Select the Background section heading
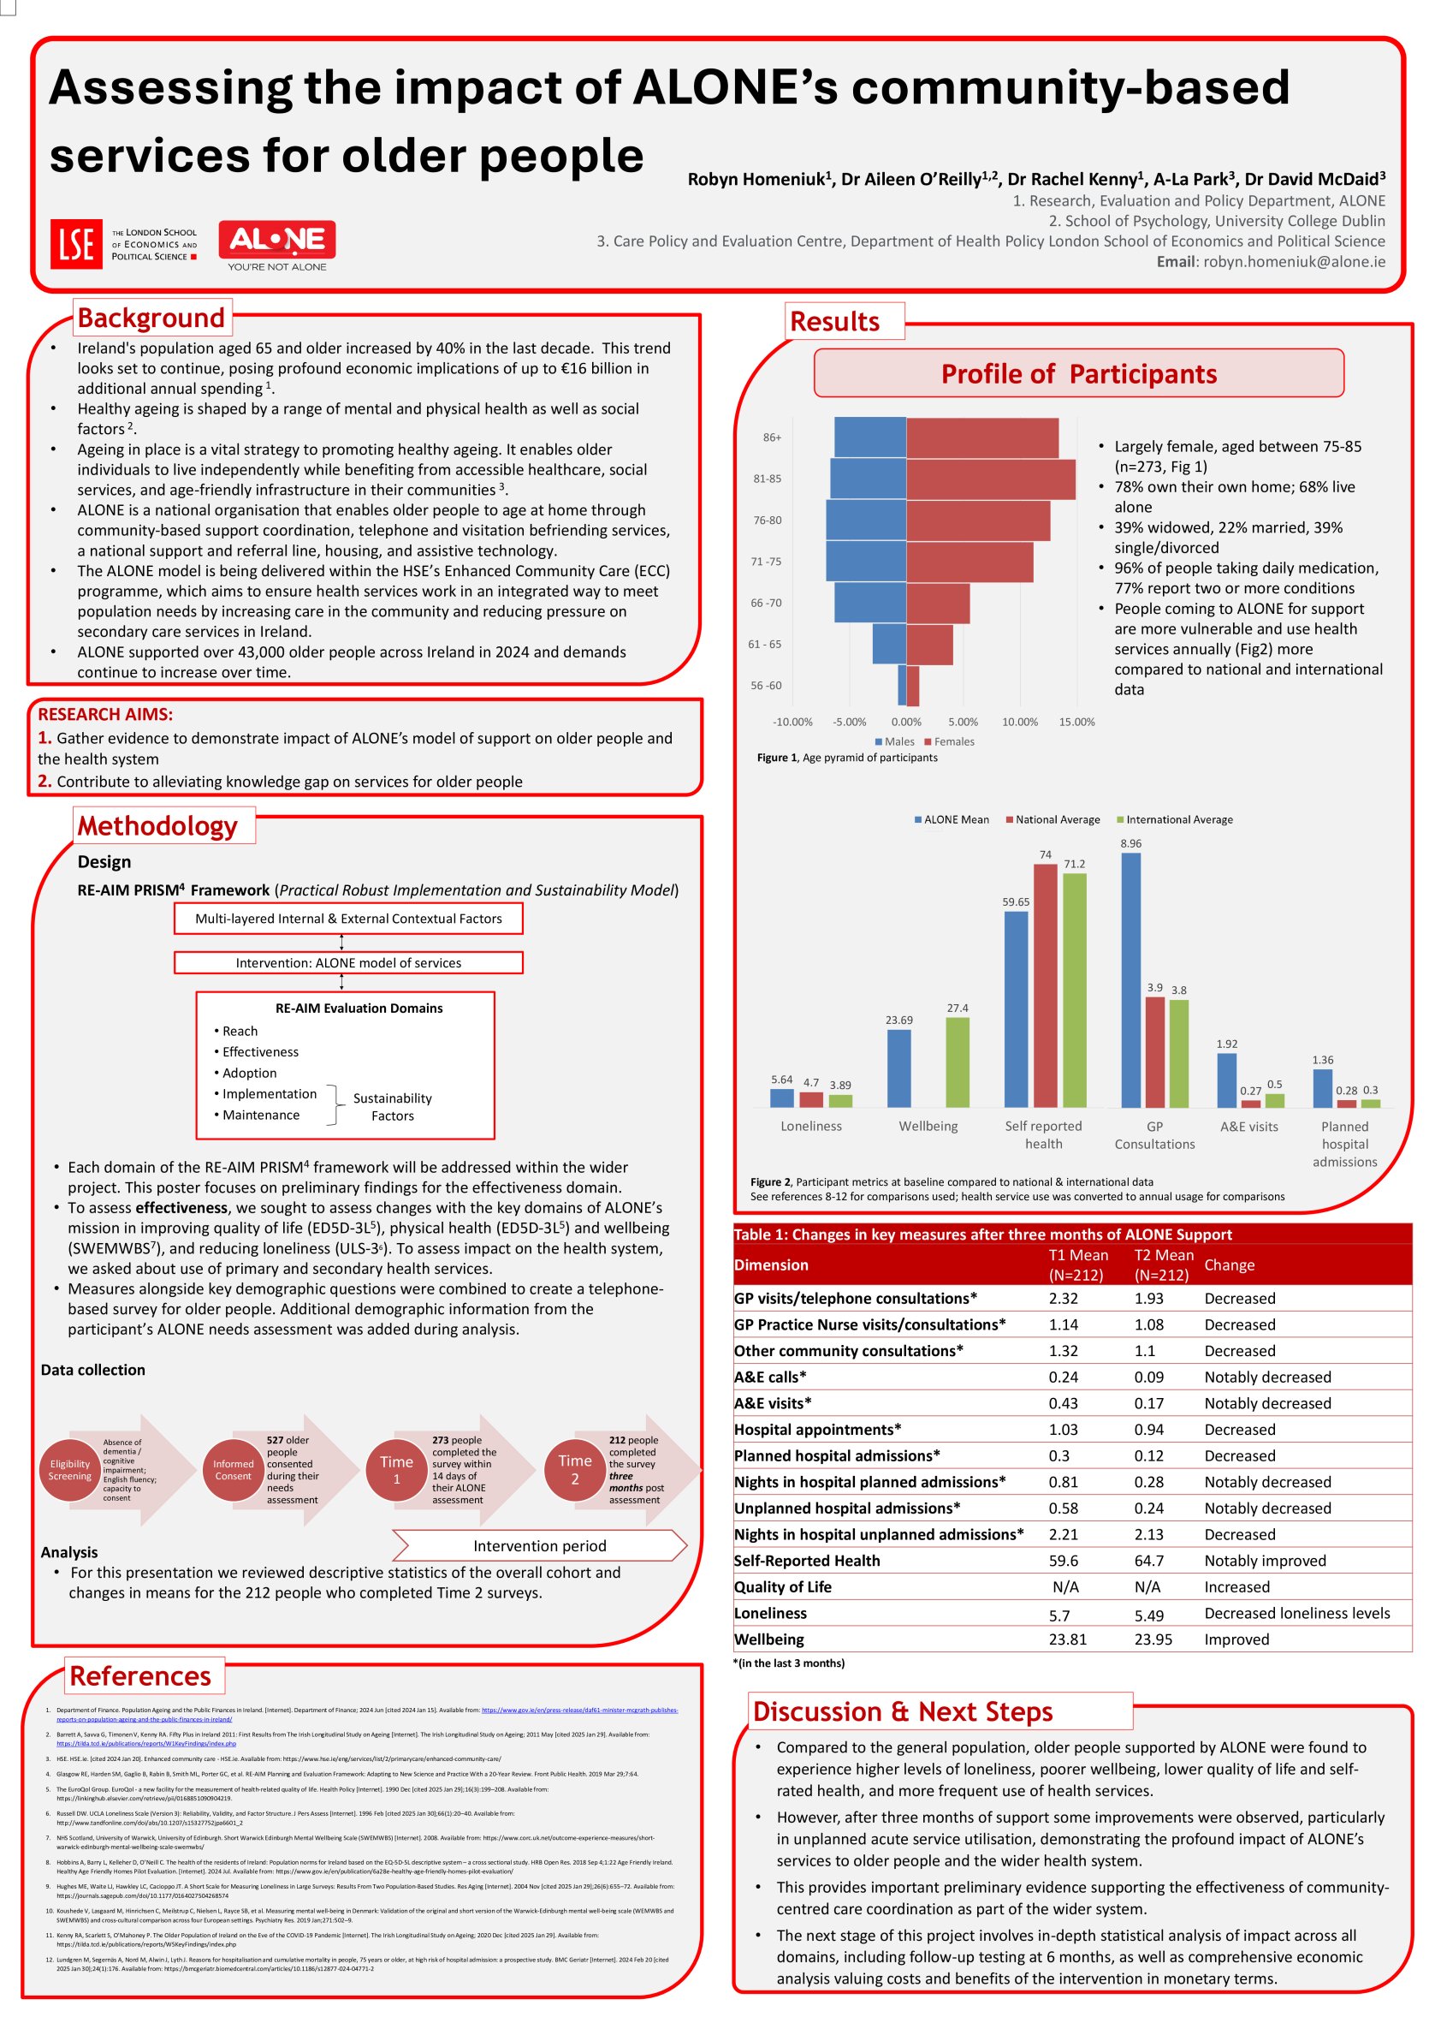pos(151,318)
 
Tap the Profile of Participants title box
pos(1078,374)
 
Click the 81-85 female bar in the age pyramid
pos(990,479)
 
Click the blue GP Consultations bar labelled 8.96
pos(1130,979)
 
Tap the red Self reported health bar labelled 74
pos(1045,985)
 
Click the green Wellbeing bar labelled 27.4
pos(957,1062)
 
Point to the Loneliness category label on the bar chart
pos(810,1126)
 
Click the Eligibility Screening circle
pos(70,1470)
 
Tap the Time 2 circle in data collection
pos(574,1470)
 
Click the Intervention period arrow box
pos(539,1546)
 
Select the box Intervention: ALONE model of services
pos(348,962)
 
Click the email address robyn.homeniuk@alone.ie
pos(1294,262)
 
